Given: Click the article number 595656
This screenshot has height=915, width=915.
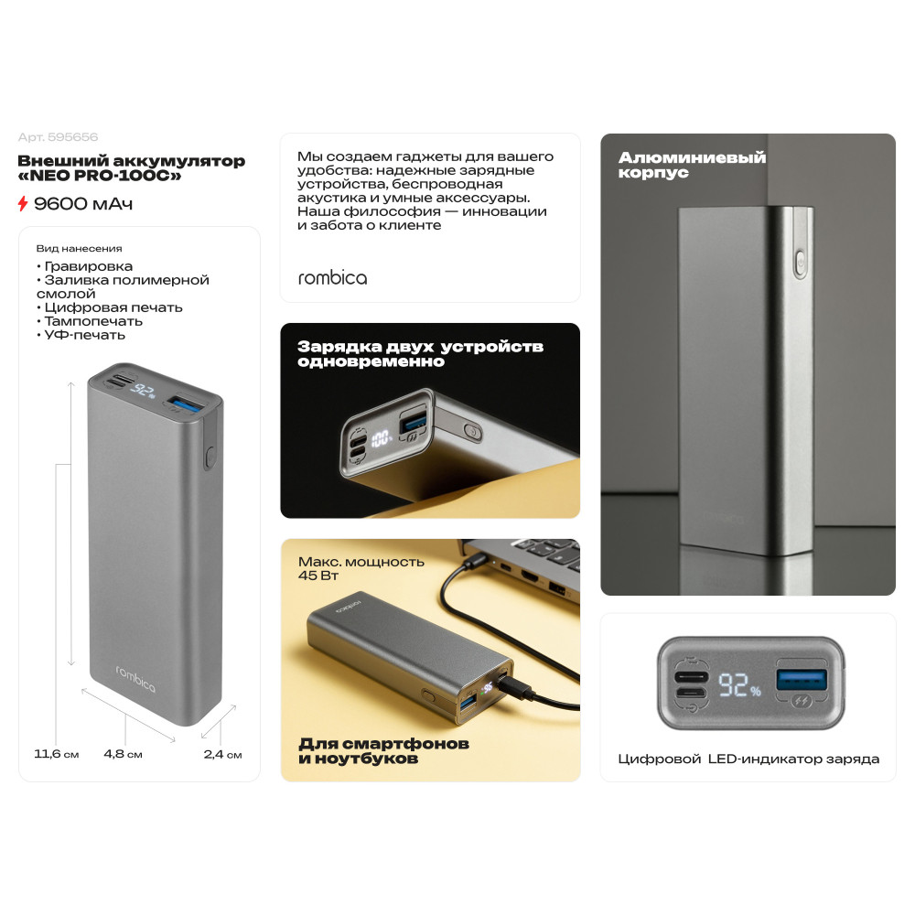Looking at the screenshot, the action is [x=73, y=137].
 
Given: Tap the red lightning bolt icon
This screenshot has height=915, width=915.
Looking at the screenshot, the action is [x=23, y=204].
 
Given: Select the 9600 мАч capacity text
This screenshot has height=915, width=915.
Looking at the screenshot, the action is [x=83, y=204].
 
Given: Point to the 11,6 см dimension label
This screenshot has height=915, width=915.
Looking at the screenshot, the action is [x=56, y=754].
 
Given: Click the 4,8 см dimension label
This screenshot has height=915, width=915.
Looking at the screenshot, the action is [x=124, y=754].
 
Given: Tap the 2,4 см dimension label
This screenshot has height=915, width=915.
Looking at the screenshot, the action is [x=223, y=754].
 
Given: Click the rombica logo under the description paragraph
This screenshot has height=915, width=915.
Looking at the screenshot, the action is [x=333, y=278].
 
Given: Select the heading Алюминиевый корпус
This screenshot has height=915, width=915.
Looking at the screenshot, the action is [x=692, y=165].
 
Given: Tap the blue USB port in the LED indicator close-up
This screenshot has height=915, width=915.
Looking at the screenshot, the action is [x=802, y=680].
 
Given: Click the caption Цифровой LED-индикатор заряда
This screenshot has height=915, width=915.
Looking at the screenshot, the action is [x=748, y=759].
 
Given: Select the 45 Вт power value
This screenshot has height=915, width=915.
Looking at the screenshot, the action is [x=318, y=576].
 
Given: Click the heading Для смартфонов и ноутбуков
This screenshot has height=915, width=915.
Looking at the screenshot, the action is [x=383, y=751].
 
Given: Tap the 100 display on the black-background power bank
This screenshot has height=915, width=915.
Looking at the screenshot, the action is [x=381, y=438].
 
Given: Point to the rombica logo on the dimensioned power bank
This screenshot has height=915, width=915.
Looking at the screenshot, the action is [x=135, y=679].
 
